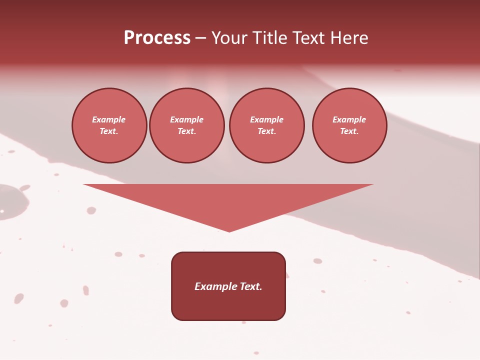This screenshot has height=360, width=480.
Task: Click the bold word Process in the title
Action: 157,38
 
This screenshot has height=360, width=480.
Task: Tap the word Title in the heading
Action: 269,38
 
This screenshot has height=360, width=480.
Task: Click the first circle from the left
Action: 109,125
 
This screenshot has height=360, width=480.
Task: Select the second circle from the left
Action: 186,125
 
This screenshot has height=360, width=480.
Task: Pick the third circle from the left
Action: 266,125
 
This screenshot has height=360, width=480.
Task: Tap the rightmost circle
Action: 349,125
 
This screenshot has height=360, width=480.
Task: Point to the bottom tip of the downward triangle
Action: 229,231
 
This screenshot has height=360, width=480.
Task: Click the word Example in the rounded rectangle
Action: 216,286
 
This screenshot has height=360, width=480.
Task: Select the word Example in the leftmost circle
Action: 109,120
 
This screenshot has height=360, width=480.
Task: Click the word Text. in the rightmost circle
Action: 349,131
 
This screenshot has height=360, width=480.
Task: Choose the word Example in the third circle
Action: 266,120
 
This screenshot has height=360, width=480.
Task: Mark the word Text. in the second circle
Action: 186,131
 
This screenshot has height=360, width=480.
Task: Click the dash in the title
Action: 201,38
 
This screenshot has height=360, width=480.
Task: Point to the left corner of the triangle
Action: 84,184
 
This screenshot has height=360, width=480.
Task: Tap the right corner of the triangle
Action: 373,184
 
